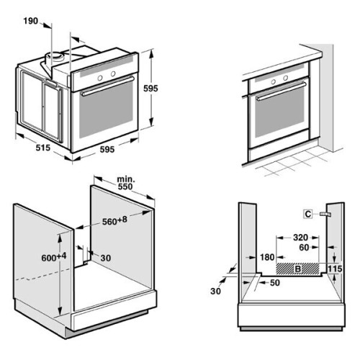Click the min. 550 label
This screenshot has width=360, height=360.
point(126,181)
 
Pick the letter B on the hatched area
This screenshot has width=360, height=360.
point(297,269)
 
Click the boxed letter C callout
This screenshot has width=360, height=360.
point(307,213)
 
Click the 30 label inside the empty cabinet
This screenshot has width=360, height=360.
point(106,258)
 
